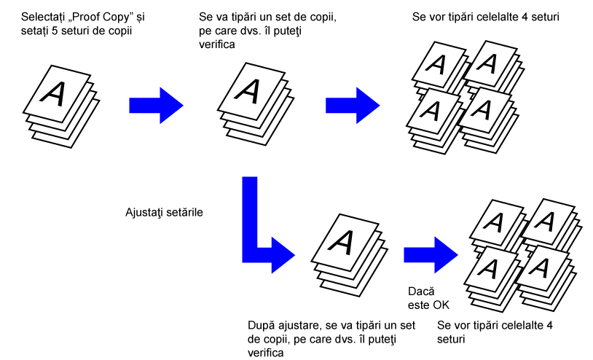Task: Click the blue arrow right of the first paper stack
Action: (x=154, y=104)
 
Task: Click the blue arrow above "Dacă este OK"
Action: (x=430, y=251)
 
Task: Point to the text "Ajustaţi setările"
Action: (x=164, y=213)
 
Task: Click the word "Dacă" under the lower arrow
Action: (x=420, y=291)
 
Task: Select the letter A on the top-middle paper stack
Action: (x=248, y=90)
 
